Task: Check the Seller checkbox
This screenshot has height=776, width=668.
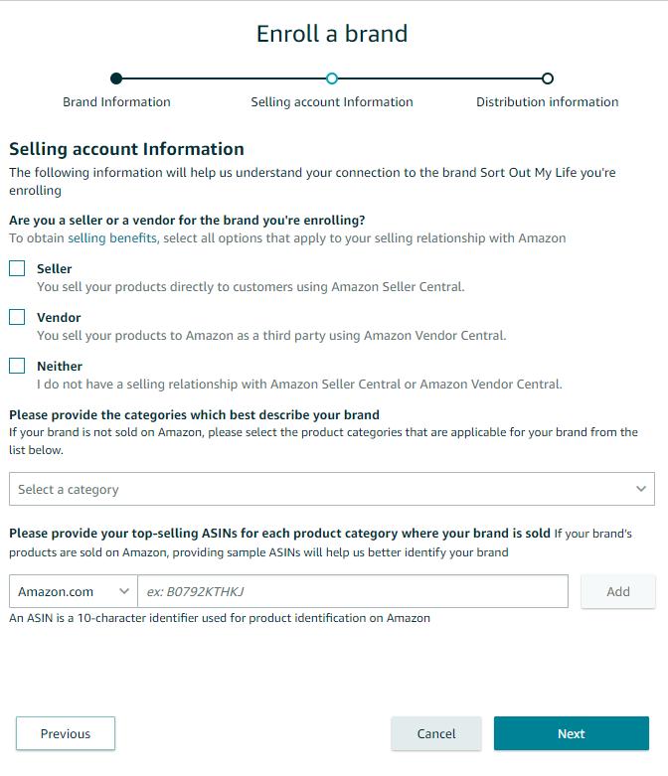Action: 17,268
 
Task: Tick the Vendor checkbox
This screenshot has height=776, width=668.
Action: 17,317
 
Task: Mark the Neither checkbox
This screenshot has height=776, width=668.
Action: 17,366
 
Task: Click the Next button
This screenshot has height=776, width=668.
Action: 571,733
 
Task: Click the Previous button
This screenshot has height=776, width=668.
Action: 66,733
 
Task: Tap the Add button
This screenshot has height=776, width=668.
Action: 617,591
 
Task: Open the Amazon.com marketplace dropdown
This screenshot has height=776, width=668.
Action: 73,591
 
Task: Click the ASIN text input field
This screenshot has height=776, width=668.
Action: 353,591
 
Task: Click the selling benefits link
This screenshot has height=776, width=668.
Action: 111,237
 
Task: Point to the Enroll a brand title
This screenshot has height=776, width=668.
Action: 332,34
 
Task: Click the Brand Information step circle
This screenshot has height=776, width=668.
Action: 116,78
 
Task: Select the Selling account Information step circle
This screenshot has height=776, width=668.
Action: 332,78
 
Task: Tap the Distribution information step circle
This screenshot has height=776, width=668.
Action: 548,78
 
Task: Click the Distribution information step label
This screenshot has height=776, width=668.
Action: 547,101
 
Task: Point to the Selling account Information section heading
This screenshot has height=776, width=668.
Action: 126,149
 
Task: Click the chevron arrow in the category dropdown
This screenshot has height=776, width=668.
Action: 641,489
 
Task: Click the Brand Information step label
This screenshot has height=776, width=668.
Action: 116,101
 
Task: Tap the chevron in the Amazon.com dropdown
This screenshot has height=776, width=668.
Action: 124,591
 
